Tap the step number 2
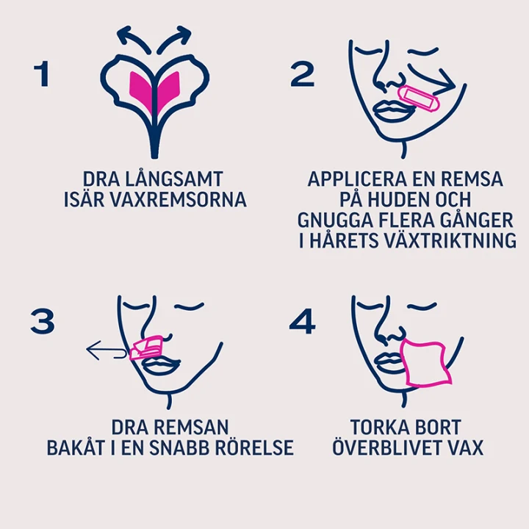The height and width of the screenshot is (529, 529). point(303,74)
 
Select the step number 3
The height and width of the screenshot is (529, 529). point(43,322)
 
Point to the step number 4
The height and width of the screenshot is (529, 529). point(302,322)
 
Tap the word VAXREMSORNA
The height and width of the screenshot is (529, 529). point(178,199)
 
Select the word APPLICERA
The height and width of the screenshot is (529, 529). point(357,179)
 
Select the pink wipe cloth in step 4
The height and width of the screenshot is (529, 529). point(426,364)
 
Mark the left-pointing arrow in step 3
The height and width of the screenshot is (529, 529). point(107,350)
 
